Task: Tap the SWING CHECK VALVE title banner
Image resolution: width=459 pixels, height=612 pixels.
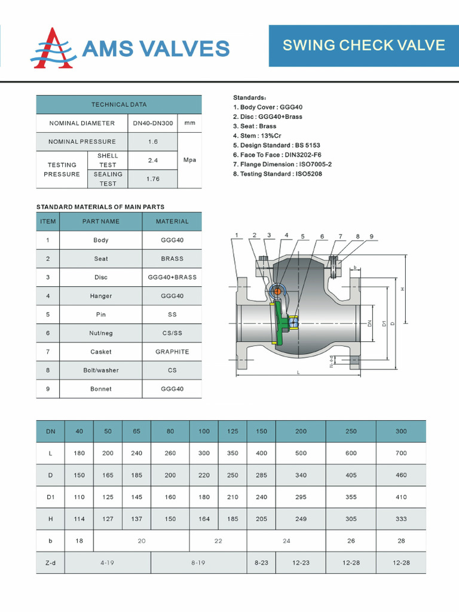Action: click(x=363, y=45)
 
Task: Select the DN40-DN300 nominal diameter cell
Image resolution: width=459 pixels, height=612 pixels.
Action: click(x=153, y=123)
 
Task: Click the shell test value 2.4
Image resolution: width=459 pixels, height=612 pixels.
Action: click(x=153, y=160)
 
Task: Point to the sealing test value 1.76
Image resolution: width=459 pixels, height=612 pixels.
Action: click(x=153, y=179)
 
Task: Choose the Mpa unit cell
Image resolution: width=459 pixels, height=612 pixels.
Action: click(x=189, y=160)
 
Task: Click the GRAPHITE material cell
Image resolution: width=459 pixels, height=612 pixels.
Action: click(x=172, y=351)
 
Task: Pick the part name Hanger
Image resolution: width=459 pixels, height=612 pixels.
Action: click(x=101, y=296)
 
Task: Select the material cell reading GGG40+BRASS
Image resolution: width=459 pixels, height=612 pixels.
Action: click(x=172, y=277)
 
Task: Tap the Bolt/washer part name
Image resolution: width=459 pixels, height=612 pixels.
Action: click(x=101, y=370)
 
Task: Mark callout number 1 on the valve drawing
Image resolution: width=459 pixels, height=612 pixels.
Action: click(x=237, y=235)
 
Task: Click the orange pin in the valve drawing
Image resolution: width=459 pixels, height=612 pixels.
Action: click(x=277, y=291)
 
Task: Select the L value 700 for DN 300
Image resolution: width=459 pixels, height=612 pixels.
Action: click(x=401, y=453)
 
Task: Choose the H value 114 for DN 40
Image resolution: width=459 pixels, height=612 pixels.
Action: click(x=79, y=519)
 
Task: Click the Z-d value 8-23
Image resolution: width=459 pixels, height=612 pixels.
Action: click(x=261, y=562)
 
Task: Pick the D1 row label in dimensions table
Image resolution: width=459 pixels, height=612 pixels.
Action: click(x=50, y=497)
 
